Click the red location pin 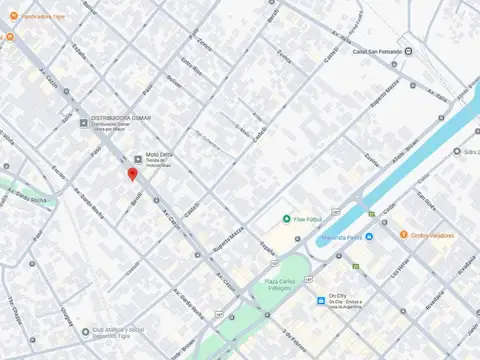132,175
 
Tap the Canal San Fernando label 377,51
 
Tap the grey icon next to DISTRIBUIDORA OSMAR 84,123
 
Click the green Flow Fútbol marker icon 286,219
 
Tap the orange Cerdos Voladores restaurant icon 404,235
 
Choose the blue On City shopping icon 320,297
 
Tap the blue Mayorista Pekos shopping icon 369,237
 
